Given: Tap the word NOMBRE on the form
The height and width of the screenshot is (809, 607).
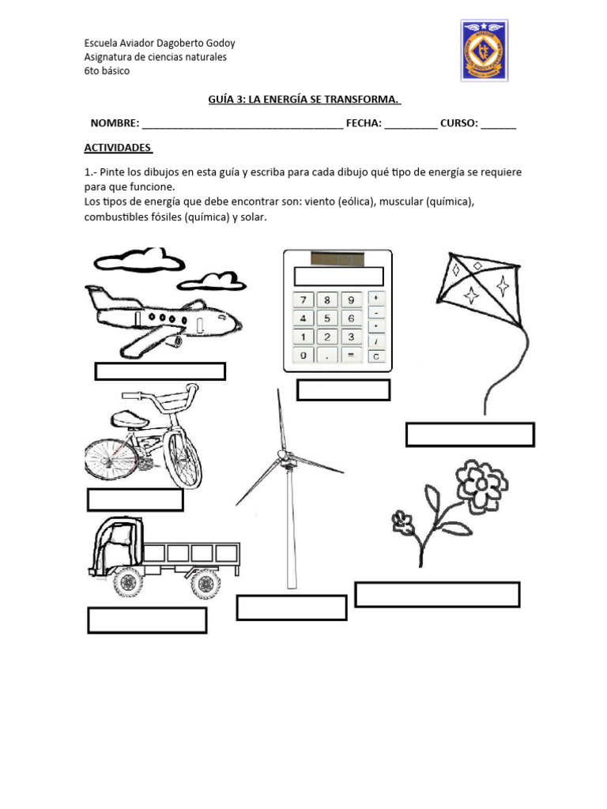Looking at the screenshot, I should [x=114, y=123].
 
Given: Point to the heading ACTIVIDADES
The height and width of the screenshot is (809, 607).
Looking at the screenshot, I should [x=119, y=148].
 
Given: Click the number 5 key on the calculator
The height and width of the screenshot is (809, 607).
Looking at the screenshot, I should [x=326, y=318].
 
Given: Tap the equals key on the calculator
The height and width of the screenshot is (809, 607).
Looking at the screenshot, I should [x=350, y=356].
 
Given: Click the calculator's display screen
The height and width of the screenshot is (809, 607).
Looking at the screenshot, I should [x=338, y=276].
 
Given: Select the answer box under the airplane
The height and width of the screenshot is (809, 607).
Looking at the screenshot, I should [x=160, y=371].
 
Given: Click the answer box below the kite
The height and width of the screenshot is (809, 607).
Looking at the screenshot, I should [x=469, y=435].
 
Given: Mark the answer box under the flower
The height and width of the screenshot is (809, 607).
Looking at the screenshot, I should [x=437, y=594].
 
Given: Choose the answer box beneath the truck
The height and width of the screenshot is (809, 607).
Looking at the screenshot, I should [x=147, y=620].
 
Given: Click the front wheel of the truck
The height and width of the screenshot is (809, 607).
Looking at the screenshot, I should [x=127, y=583].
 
